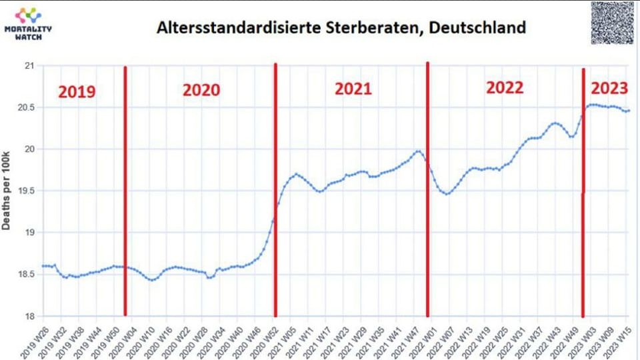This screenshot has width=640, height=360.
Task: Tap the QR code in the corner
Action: [613, 23]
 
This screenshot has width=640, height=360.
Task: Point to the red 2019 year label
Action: [77, 91]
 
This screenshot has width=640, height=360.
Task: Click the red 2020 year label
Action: [201, 90]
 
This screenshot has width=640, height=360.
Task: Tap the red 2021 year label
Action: [353, 89]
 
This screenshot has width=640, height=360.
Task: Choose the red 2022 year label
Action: [505, 87]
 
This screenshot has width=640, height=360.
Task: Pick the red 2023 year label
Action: [609, 88]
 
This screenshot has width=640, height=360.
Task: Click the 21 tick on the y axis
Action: [29, 65]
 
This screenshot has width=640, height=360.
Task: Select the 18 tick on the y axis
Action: [29, 316]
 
